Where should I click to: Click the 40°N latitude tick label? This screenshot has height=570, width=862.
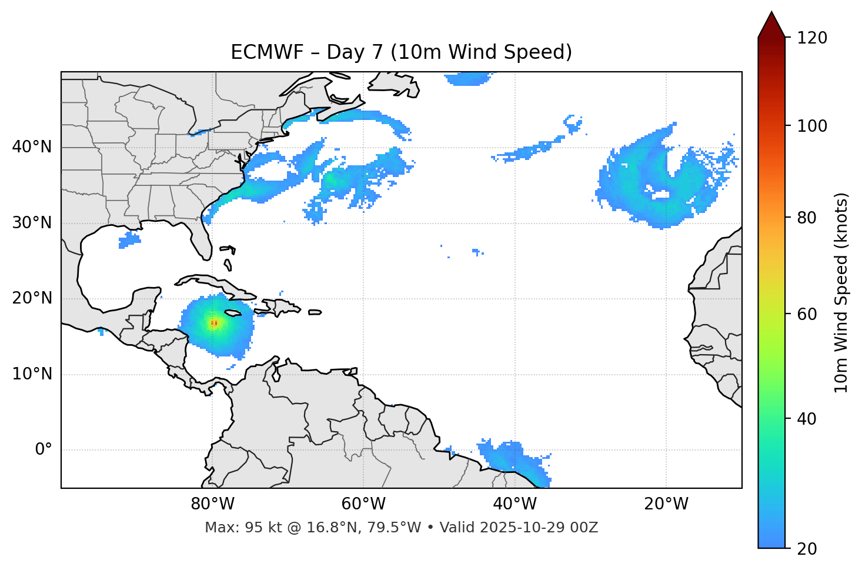tap(32, 147)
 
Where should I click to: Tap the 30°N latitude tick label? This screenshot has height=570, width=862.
tap(32, 223)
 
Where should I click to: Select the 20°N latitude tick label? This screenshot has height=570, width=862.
tap(32, 298)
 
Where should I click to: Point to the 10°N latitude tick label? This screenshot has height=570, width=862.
tap(32, 374)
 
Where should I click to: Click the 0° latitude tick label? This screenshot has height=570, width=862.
tap(44, 450)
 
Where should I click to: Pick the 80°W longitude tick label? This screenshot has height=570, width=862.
tap(212, 504)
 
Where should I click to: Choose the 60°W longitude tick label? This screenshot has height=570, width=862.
tap(363, 504)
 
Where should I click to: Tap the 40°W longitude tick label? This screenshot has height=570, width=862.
tap(514, 504)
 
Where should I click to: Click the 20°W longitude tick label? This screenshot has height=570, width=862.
tap(666, 504)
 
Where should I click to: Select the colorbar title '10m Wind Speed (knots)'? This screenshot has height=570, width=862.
tap(841, 292)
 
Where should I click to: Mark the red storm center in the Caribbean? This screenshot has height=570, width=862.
tap(214, 322)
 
